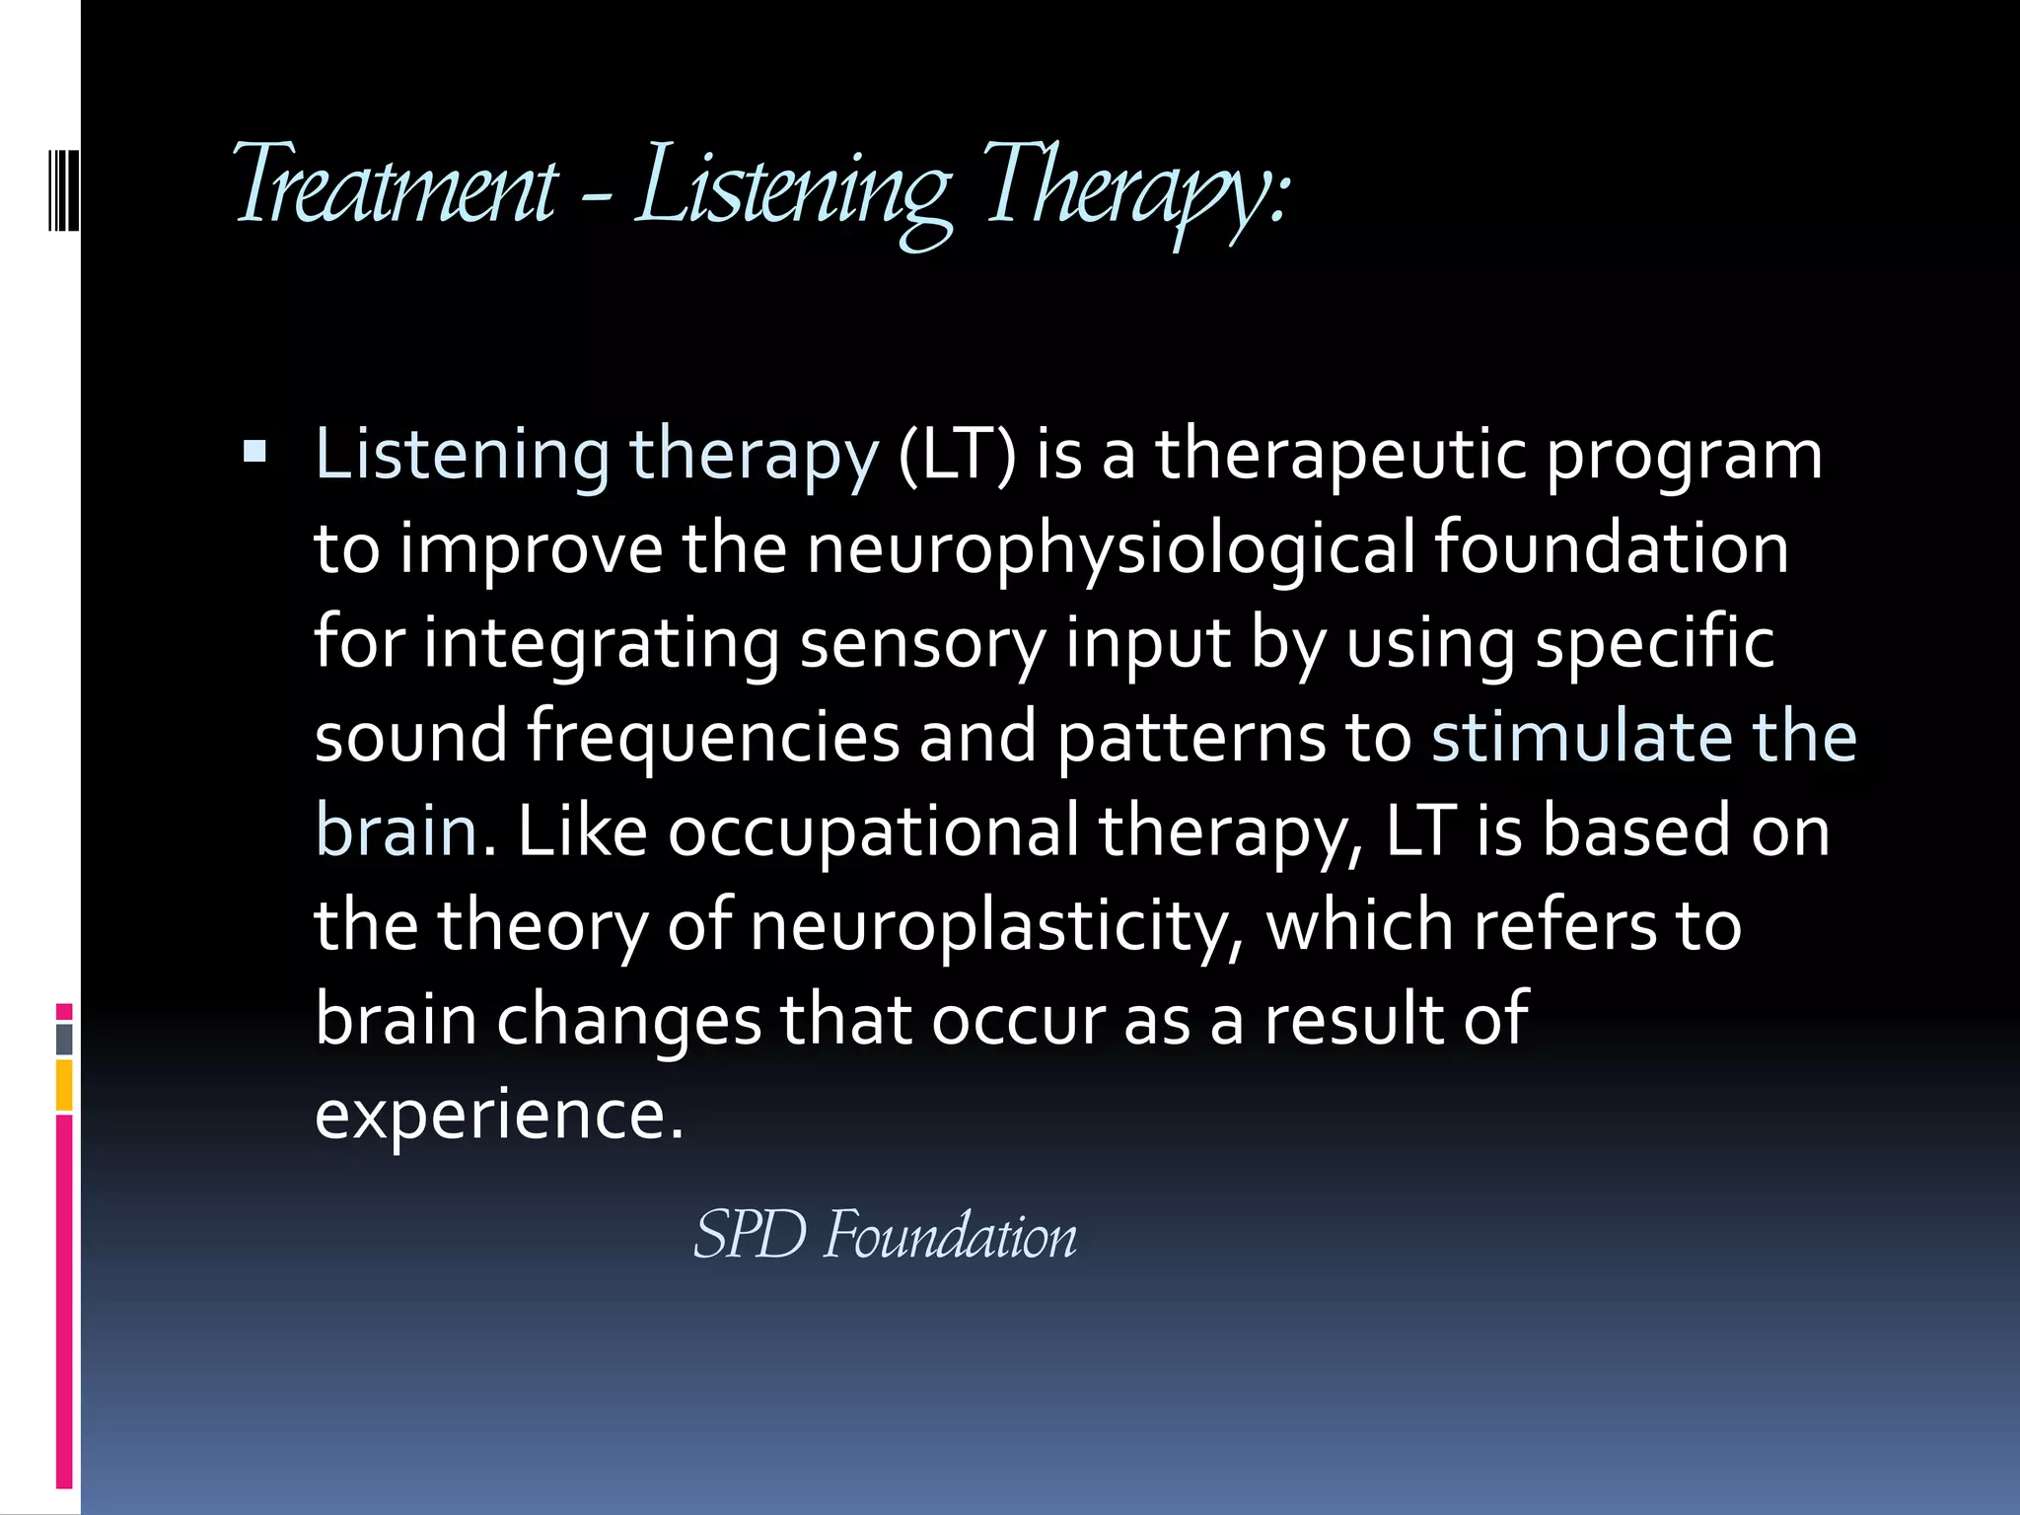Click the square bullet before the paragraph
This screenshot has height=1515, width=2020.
pos(254,453)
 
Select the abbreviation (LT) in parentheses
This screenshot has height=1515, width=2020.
pos(956,455)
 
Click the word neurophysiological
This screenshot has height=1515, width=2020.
pos(1111,549)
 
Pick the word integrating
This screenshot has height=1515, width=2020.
pos(601,644)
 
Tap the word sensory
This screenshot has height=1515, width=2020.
pos(921,644)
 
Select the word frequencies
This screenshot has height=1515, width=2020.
pos(713,738)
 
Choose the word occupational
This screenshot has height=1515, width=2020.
pos(873,830)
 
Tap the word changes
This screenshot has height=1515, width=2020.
pos(628,1020)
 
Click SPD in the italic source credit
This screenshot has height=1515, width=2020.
pos(750,1234)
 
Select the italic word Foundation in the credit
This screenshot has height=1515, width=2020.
pos(950,1234)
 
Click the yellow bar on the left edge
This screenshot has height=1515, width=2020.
pos(64,1085)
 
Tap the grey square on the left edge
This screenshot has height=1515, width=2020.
pos(64,1039)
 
